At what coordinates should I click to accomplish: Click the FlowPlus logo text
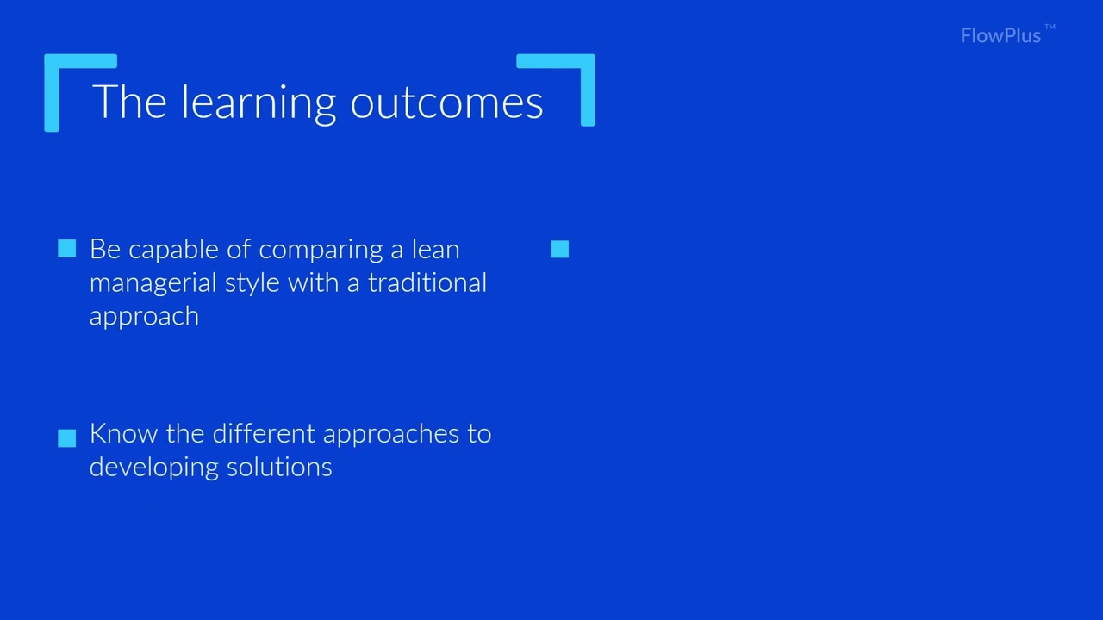[1000, 36]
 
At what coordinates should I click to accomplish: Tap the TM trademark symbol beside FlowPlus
[1050, 27]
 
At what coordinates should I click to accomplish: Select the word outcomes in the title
[446, 104]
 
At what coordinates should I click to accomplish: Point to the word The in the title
[129, 102]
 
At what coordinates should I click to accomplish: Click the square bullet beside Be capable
[67, 249]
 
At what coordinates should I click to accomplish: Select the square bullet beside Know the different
[67, 438]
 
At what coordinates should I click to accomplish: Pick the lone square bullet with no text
[560, 249]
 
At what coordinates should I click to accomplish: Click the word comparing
[321, 251]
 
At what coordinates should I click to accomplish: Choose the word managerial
[153, 284]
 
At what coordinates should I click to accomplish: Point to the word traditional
[427, 283]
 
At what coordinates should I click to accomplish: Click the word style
[252, 284]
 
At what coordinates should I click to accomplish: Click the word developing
[153, 468]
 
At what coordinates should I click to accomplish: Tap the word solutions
[279, 467]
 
